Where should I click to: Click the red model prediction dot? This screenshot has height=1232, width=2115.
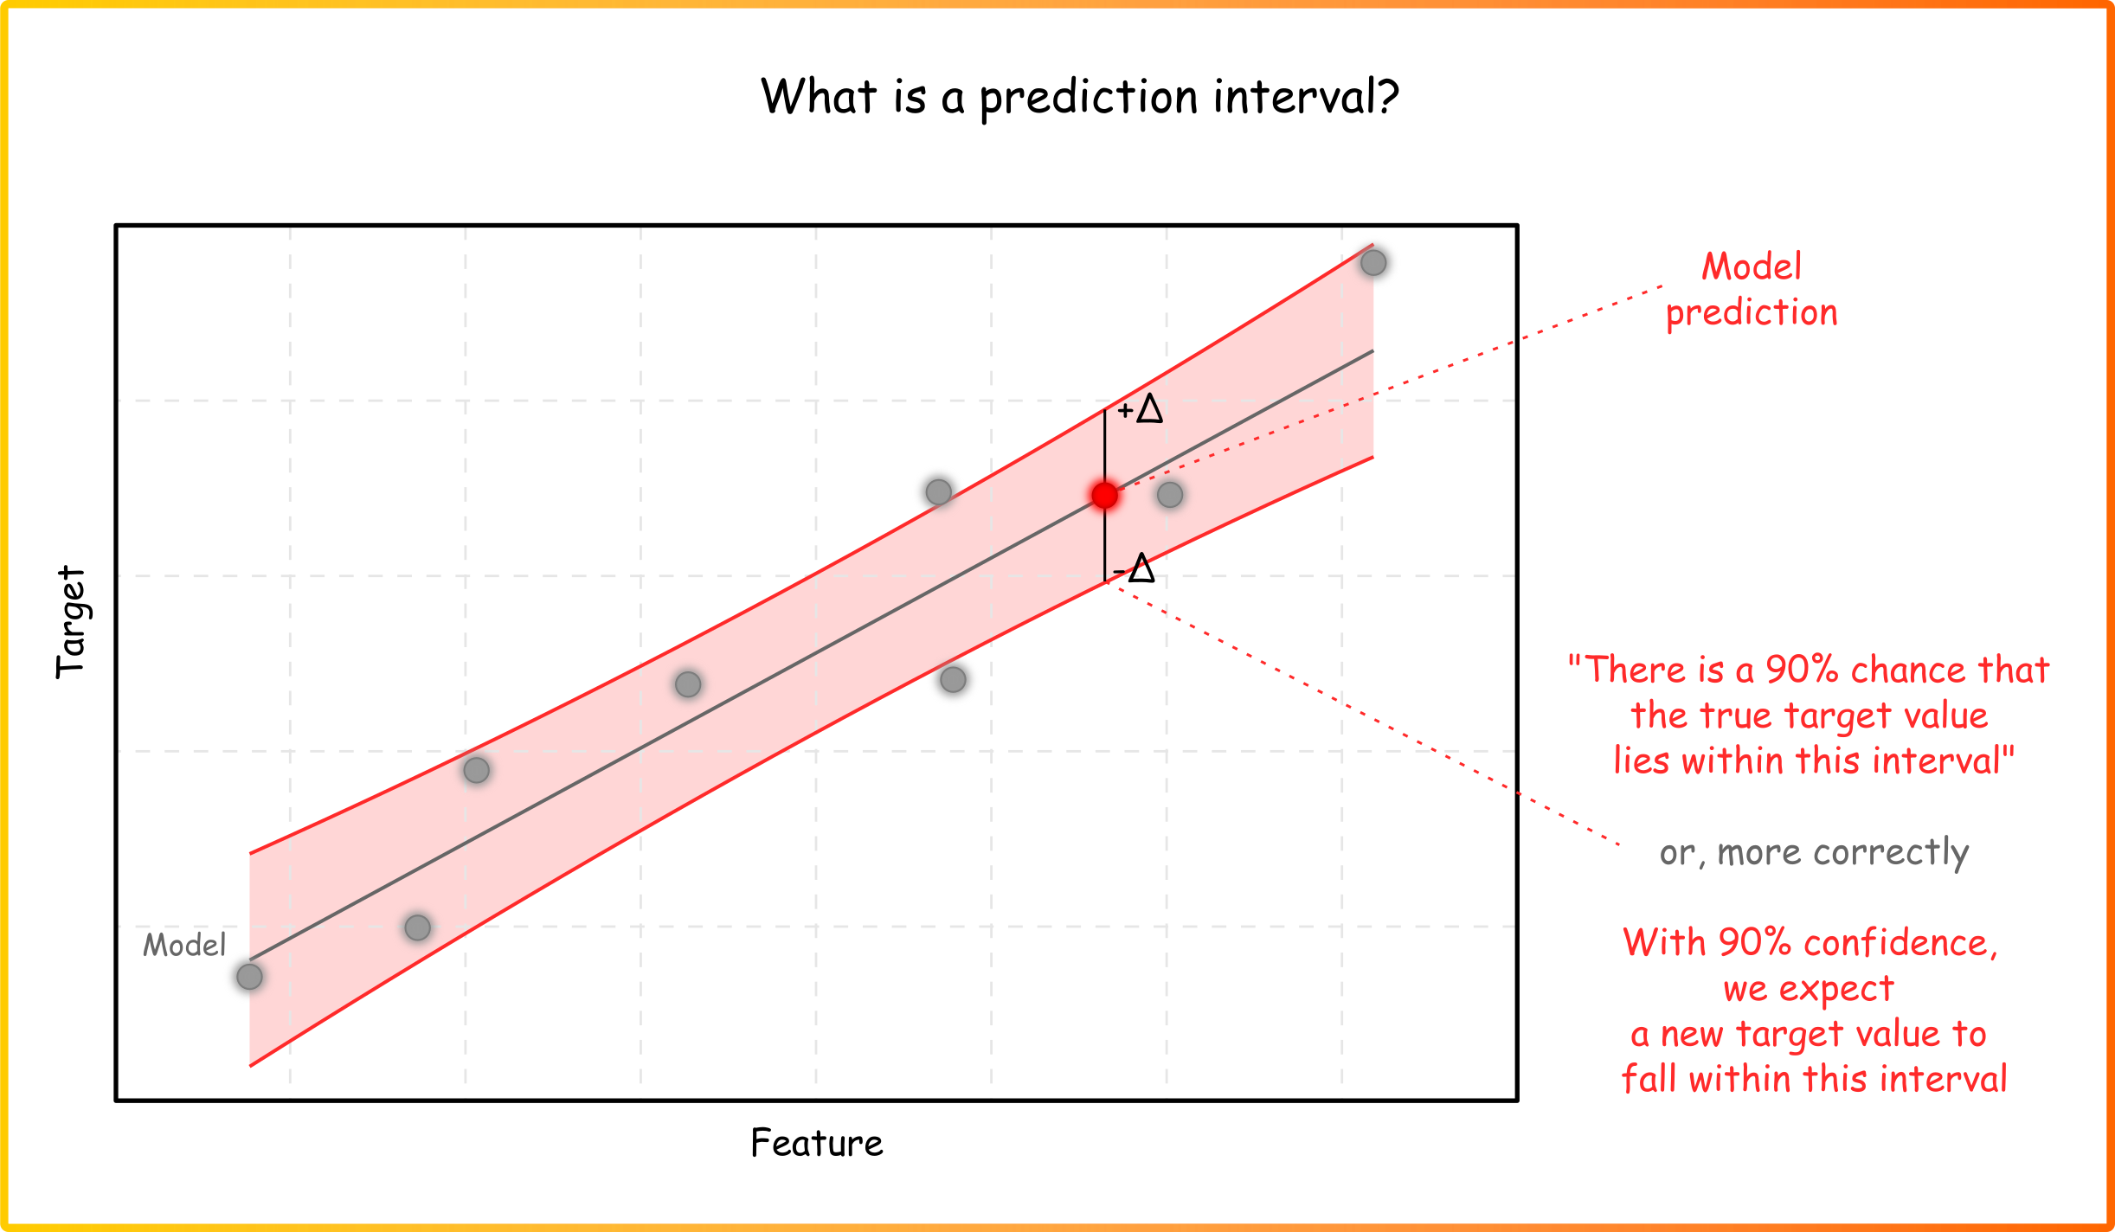[x=1104, y=496]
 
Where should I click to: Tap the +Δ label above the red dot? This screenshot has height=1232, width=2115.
[x=1140, y=408]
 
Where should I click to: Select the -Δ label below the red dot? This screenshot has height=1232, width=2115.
[x=1134, y=568]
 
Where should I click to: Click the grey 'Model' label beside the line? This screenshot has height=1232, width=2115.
[x=184, y=945]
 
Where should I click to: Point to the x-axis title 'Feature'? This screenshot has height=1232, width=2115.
[x=817, y=1143]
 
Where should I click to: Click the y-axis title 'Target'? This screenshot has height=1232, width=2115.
[x=71, y=622]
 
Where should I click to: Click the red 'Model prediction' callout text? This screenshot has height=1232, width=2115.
[x=1752, y=290]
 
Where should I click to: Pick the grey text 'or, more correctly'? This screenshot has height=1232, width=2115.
[x=1814, y=853]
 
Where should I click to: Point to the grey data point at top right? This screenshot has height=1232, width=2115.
[x=1373, y=262]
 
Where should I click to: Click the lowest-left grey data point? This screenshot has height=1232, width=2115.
[x=249, y=977]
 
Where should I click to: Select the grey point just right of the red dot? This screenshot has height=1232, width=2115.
[x=1170, y=495]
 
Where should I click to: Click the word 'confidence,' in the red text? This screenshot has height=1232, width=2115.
[x=1900, y=943]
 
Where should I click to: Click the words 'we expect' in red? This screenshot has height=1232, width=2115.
[x=1809, y=989]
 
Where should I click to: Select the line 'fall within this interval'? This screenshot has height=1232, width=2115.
[x=1814, y=1079]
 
